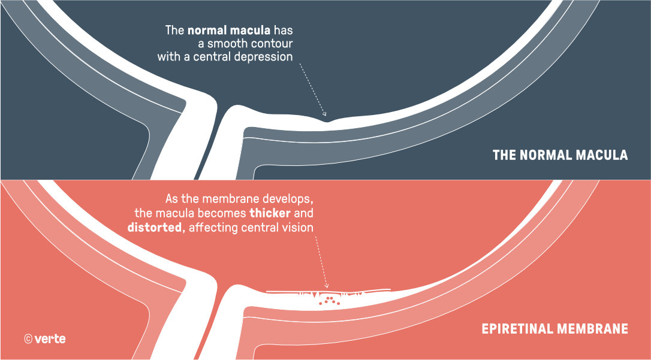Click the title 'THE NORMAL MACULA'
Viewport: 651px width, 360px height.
560,155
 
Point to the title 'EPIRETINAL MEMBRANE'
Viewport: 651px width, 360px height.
554,329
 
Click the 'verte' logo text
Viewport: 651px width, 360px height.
50,339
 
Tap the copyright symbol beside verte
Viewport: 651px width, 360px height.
28,339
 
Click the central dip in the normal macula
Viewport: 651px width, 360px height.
327,122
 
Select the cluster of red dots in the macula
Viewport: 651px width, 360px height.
329,301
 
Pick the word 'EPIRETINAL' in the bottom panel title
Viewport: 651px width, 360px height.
516,329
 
